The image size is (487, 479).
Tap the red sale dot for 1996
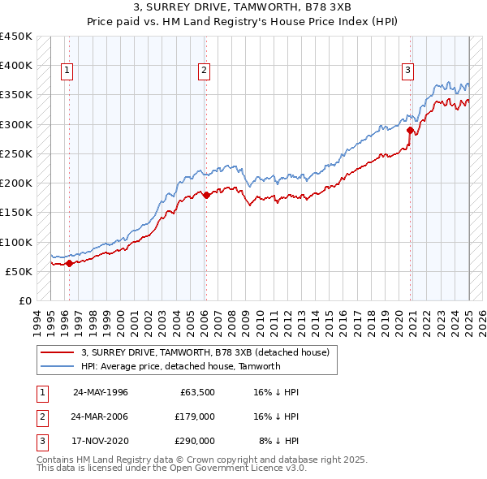click(x=69, y=263)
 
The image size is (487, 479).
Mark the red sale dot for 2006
click(x=206, y=195)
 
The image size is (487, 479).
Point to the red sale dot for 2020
click(x=411, y=130)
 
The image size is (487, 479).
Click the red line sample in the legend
click(x=58, y=352)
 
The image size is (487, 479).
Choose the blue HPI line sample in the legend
click(x=58, y=366)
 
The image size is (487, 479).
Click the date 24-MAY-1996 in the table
click(x=101, y=391)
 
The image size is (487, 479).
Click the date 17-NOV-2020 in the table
click(x=101, y=441)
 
